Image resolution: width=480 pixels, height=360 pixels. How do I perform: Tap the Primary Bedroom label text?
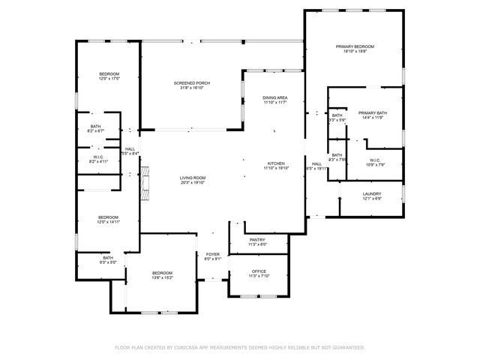(x=353, y=46)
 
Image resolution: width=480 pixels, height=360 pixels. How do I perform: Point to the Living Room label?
(x=192, y=178)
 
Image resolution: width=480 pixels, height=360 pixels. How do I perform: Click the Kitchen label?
(x=275, y=163)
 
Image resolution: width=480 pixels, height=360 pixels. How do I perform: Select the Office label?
(x=258, y=271)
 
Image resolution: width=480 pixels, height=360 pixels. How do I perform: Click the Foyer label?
(x=213, y=255)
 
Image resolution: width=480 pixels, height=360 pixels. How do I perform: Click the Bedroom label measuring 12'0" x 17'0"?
(x=109, y=73)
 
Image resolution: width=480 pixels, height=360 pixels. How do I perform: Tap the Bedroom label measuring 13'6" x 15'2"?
(x=162, y=272)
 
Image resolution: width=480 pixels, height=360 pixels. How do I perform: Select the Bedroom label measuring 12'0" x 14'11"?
(x=108, y=217)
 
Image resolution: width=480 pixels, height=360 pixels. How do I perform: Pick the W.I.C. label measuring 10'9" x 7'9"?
(x=376, y=160)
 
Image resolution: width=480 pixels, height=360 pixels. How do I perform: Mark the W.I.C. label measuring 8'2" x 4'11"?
(x=99, y=157)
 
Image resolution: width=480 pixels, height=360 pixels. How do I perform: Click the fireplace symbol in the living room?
(x=145, y=183)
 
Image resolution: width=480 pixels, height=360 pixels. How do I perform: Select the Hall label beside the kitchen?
(x=316, y=163)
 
